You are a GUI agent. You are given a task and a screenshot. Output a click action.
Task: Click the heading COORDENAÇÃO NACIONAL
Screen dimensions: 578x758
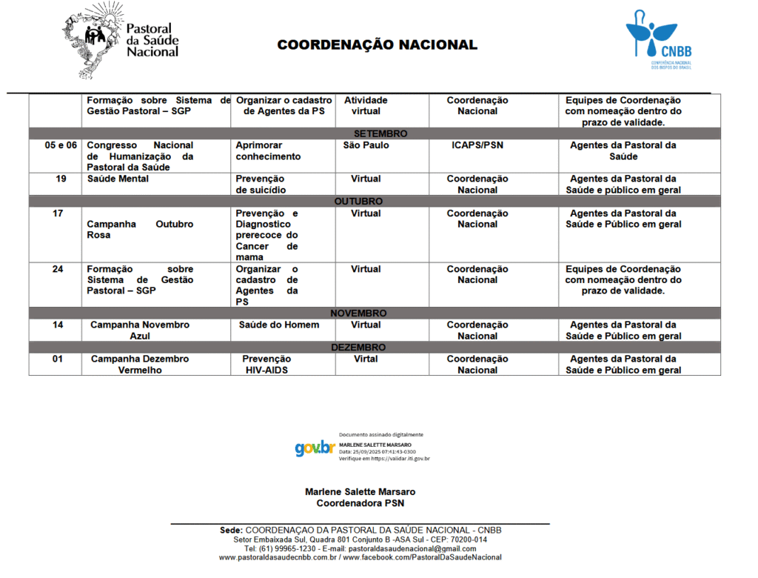tap(378, 45)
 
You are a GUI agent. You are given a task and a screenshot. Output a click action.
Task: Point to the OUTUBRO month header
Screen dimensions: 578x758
tap(358, 202)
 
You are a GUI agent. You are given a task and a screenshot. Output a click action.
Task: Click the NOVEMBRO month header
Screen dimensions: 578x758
tap(358, 313)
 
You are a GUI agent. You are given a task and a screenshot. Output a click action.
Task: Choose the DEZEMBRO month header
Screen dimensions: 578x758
tap(358, 347)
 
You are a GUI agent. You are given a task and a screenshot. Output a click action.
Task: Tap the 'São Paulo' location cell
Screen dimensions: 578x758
tap(366, 145)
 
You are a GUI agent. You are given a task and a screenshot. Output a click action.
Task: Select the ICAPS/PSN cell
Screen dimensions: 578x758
tap(477, 145)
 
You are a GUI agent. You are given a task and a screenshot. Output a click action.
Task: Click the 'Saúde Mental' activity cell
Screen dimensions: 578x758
tap(118, 179)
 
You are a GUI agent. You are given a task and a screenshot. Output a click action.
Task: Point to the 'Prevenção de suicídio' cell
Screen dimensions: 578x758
tap(260, 185)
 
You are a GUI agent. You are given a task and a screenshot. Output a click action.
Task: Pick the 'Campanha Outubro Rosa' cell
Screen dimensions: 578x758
tap(140, 230)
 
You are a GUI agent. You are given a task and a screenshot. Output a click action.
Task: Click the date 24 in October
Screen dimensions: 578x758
tap(58, 269)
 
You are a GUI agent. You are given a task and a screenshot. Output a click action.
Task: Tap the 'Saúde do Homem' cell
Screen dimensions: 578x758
tap(279, 325)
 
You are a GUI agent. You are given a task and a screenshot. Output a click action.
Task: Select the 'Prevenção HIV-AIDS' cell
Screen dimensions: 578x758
tap(266, 365)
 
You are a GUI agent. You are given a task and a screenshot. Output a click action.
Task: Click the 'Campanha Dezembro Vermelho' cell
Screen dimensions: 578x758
tap(140, 365)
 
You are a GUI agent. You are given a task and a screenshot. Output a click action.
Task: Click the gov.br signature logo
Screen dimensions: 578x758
tap(315, 448)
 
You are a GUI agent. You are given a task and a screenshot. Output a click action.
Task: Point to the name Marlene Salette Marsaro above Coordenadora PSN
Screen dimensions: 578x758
tap(360, 491)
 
